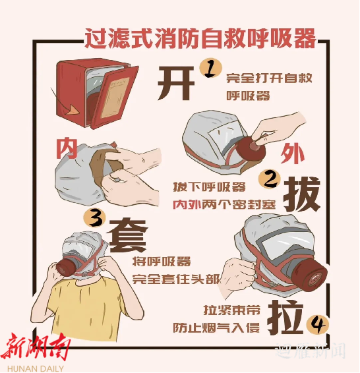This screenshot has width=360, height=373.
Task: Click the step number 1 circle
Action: (x=210, y=69)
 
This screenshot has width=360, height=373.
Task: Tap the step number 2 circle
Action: (x=270, y=179)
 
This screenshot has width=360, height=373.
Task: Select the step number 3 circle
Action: (x=95, y=219)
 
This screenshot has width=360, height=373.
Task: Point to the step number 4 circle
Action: (x=317, y=324)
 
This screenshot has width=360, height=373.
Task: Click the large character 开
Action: (x=176, y=82)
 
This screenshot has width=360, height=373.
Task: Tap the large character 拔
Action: (x=302, y=194)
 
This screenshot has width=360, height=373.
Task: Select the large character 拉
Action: (x=286, y=317)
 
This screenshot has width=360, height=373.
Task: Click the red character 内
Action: (x=67, y=148)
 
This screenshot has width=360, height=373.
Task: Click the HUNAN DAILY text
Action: (x=36, y=368)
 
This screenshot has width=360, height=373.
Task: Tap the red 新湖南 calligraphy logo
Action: (x=36, y=347)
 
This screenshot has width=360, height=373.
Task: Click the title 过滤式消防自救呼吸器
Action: (x=200, y=38)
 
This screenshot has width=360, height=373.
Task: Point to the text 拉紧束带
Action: (x=231, y=310)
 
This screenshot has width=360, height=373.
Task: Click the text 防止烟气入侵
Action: (x=216, y=328)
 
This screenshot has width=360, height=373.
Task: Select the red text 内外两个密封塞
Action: (x=224, y=204)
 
